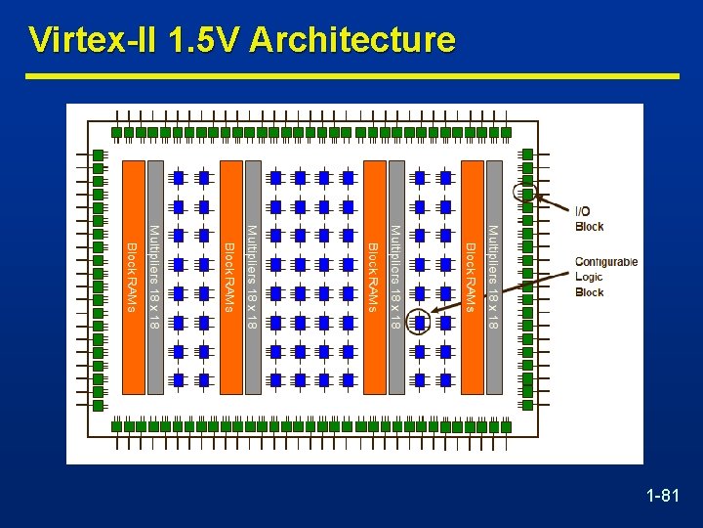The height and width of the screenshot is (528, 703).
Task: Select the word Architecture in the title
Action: pos(352,40)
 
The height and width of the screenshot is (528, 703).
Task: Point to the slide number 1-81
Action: pos(663,498)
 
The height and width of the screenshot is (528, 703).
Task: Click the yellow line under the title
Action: pos(351,76)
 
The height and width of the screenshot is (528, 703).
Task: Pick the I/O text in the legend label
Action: pos(582,211)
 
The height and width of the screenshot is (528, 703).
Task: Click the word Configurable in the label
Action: pos(606,262)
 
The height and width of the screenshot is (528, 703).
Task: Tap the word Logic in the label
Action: pos(589,277)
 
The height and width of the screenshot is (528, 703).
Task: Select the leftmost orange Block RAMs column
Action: pos(133,278)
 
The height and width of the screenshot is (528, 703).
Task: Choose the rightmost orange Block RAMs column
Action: pos(472,278)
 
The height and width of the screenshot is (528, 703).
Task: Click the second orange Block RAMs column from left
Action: pos(230,278)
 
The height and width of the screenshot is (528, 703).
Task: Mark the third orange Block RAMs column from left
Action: pos(374,278)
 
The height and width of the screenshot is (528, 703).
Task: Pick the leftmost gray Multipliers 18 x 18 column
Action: pos(155,278)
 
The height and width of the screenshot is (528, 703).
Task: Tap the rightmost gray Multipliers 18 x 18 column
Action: pos(494,278)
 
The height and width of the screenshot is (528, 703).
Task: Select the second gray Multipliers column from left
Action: pos(253,278)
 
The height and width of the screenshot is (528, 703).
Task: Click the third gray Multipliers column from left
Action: pos(396,278)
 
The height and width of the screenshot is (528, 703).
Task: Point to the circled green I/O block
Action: pos(527,192)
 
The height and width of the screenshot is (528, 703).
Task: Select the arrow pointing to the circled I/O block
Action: pos(555,202)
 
